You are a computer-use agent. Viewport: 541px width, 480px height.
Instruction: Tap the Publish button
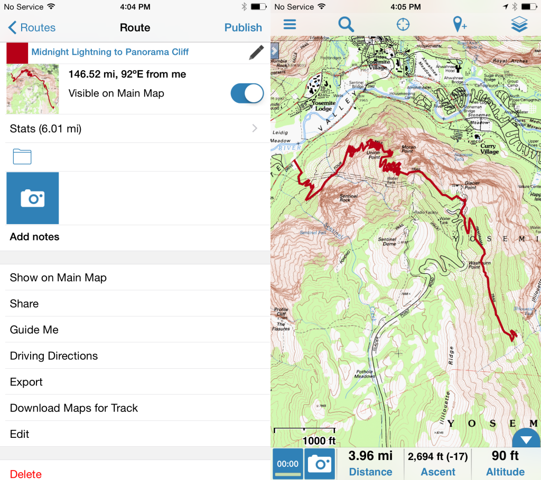(x=243, y=27)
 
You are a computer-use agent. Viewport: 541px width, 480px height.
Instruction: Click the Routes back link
(x=32, y=28)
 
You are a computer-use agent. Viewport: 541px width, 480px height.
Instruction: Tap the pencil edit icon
(x=256, y=52)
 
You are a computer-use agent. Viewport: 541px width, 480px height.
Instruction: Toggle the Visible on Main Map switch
(x=247, y=93)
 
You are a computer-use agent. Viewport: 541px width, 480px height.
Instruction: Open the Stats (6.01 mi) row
(x=135, y=129)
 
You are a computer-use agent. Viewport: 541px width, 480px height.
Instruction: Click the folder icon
(x=22, y=156)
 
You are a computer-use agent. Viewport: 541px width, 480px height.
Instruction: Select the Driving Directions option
(x=54, y=356)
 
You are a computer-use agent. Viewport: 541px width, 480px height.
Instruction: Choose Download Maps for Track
(x=74, y=408)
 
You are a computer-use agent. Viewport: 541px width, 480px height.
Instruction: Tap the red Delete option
(x=26, y=474)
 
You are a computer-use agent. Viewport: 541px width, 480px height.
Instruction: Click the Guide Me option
(x=34, y=330)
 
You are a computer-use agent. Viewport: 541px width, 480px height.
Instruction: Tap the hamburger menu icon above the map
(x=290, y=24)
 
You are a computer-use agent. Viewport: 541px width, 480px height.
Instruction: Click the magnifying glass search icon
(x=346, y=24)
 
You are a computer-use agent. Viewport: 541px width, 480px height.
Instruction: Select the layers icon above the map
(x=519, y=24)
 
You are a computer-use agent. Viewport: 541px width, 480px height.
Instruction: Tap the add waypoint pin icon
(x=460, y=24)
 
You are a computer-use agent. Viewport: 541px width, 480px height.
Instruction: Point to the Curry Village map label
(x=489, y=149)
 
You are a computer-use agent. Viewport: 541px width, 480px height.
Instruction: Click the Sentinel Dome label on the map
(x=387, y=242)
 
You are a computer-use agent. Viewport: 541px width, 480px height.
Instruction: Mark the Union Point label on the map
(x=373, y=155)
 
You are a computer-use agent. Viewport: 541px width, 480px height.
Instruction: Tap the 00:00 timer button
(x=288, y=464)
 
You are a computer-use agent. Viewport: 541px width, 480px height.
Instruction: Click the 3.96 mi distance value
(x=370, y=456)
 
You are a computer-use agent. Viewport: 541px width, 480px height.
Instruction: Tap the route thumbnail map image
(x=33, y=89)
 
